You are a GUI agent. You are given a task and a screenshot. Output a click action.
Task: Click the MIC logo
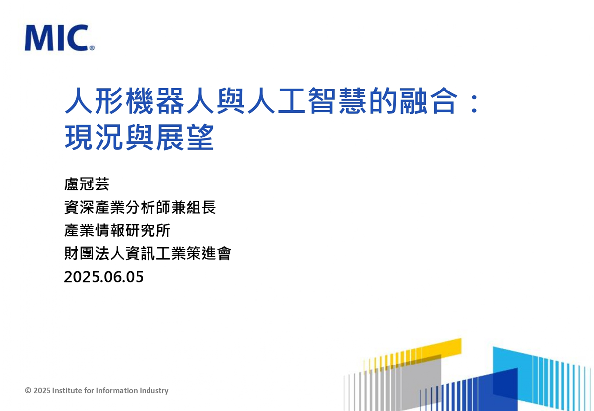coord(59,38)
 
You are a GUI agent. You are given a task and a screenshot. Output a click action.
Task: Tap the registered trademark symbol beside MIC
coord(92,48)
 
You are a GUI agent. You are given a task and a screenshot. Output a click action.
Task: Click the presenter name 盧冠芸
coord(87,184)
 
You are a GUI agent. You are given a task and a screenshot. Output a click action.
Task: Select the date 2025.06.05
coord(103,277)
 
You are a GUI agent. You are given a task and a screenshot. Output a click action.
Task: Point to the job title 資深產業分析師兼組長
coord(140,207)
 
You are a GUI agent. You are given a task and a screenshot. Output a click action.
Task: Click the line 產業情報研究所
coord(117,230)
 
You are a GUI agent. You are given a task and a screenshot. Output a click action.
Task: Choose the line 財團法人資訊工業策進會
coord(148,253)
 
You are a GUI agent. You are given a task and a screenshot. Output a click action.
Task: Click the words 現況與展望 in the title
coord(140,137)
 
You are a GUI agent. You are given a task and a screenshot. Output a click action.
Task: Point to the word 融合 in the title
coord(429,101)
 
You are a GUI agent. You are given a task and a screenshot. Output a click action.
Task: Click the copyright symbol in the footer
coord(28,391)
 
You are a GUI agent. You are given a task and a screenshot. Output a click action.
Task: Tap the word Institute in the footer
coord(67,390)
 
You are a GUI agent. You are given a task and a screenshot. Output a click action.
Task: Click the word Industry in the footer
coord(154,391)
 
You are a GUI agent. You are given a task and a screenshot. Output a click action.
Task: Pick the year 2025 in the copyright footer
coord(42,391)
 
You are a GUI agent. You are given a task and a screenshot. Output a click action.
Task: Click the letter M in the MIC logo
coord(38,38)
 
